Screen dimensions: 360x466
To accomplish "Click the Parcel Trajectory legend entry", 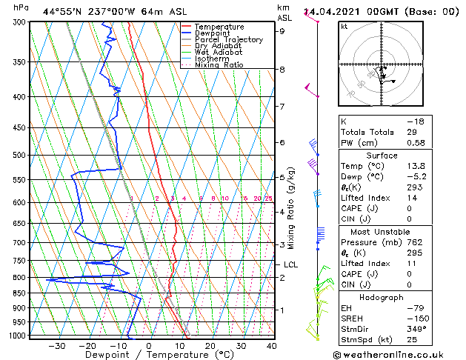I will pos(228,40).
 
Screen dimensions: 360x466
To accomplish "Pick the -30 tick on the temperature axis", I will pos(57,346).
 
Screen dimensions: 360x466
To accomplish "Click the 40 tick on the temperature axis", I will pos(272,346).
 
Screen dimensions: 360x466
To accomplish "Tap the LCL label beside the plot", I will pos(290,264).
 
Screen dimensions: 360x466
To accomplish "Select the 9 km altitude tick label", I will pos(282,31).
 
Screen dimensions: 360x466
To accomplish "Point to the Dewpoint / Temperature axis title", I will pos(149,356).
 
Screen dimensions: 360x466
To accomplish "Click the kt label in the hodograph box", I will pos(344,26).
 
